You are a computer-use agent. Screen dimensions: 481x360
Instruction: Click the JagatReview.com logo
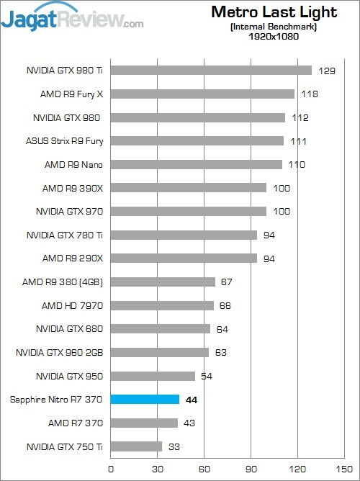click(x=72, y=17)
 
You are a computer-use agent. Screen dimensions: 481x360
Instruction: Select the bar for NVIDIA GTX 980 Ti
click(x=211, y=71)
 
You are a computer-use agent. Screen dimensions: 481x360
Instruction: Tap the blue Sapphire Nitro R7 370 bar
click(x=145, y=399)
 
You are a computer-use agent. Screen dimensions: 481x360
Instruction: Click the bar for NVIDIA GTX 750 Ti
click(x=136, y=446)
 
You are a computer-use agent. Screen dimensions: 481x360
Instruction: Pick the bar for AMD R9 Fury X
click(x=202, y=94)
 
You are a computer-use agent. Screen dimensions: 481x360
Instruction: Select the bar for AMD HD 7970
click(x=162, y=305)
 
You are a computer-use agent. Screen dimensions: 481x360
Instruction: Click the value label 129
click(x=328, y=71)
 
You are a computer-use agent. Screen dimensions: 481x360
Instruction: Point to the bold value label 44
click(x=192, y=400)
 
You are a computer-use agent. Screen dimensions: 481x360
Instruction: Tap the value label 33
click(x=174, y=446)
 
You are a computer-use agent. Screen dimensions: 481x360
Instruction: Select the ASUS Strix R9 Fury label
click(x=64, y=141)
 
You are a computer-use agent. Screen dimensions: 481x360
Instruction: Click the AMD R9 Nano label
click(x=73, y=165)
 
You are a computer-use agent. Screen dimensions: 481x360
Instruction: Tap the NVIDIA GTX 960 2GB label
click(x=60, y=353)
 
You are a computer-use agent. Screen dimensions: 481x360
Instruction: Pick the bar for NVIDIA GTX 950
click(x=153, y=376)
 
